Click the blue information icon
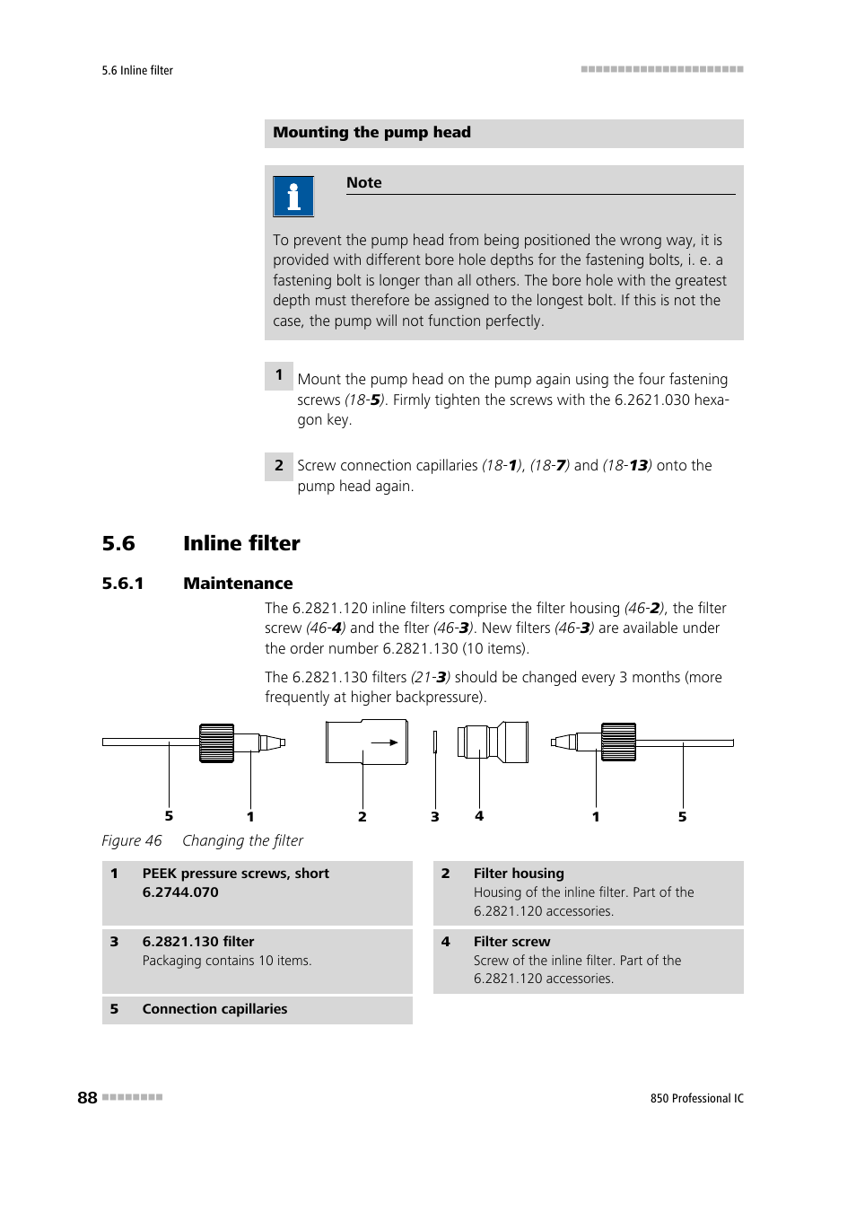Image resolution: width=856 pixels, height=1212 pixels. pos(293,197)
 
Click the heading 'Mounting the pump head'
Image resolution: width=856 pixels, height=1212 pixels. pos(371,133)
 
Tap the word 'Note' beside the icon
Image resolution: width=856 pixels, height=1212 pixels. pos(363,183)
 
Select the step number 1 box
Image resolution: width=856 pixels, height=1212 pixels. pos(278,375)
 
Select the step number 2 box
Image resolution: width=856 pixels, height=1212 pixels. pos(278,466)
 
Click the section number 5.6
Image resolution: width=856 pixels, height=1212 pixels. pos(118,544)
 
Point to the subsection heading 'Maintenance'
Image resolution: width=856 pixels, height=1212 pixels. pos(238,584)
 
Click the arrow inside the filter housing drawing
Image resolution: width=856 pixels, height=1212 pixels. pos(385,742)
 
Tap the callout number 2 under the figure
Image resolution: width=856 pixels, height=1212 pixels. pos(362,817)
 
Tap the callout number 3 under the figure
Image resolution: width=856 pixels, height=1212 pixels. pos(435,817)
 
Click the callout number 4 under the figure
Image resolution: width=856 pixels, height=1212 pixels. pos(479,816)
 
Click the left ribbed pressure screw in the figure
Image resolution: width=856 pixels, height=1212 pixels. pos(216,742)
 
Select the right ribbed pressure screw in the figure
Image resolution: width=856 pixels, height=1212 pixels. pos(618,742)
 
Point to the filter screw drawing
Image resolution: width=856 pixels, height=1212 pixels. pos(493,742)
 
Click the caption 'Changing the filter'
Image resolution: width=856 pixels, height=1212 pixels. pos(242,841)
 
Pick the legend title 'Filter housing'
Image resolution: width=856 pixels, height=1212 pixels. pos(519,874)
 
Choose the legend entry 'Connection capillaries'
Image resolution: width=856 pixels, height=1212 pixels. pos(214,1009)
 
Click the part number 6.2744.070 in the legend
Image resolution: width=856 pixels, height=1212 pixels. pos(180,892)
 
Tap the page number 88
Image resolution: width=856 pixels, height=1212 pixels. pos(87,1098)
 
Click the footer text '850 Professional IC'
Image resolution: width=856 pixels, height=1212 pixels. pos(696,1099)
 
